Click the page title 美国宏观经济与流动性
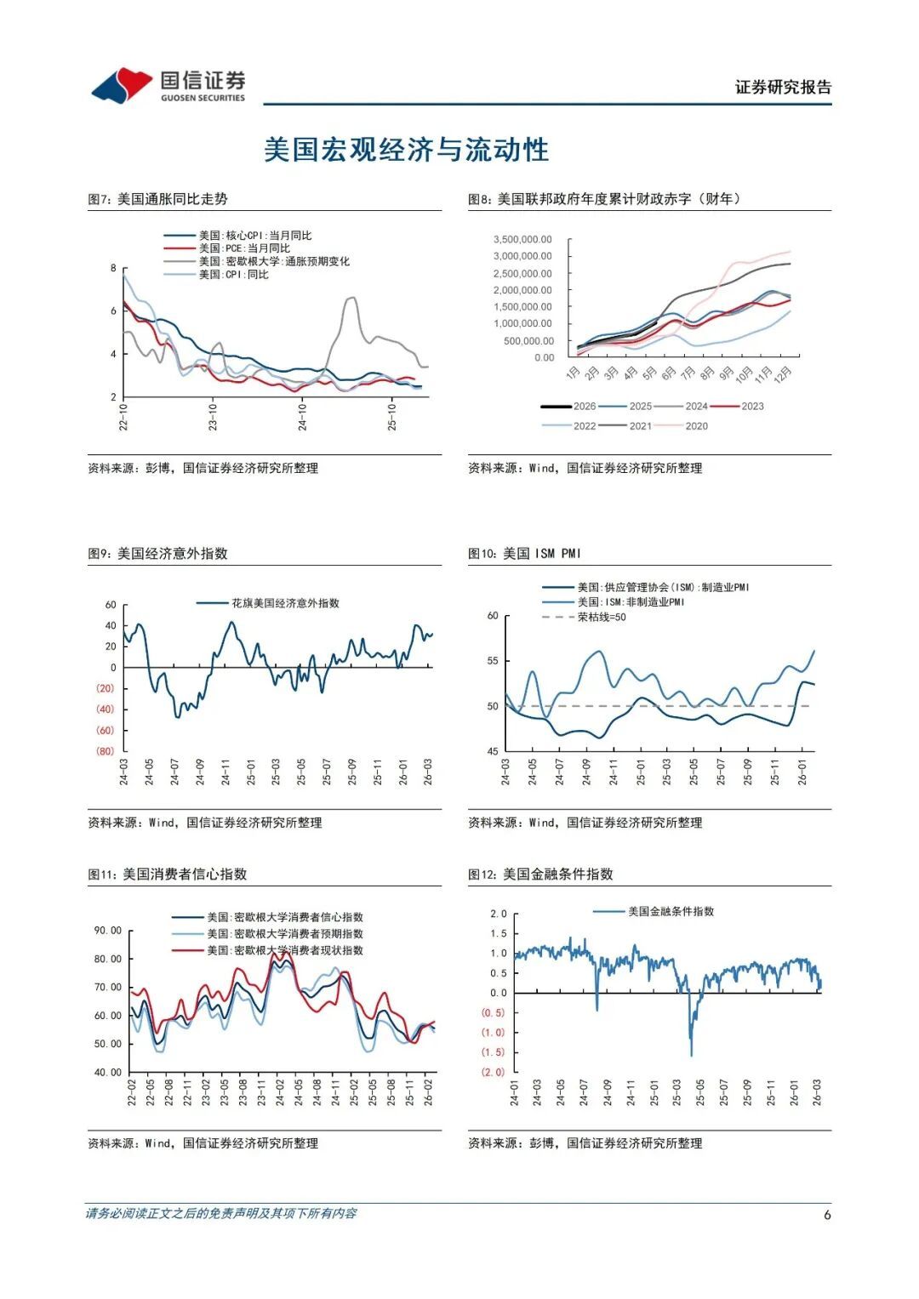pyautogui.click(x=406, y=150)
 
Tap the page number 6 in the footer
pyautogui.click(x=827, y=1215)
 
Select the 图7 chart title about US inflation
pyautogui.click(x=157, y=199)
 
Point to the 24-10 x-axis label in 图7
pyautogui.click(x=302, y=417)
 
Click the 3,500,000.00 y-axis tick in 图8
pyautogui.click(x=522, y=240)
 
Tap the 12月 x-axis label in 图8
pyautogui.click(x=784, y=373)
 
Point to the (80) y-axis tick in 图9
pyautogui.click(x=105, y=751)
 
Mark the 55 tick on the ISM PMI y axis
pyautogui.click(x=493, y=661)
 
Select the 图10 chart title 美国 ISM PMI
pyautogui.click(x=524, y=554)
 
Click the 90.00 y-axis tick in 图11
pyautogui.click(x=108, y=931)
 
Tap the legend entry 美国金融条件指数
pyautogui.click(x=671, y=911)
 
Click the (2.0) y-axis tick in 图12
pyautogui.click(x=494, y=1072)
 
